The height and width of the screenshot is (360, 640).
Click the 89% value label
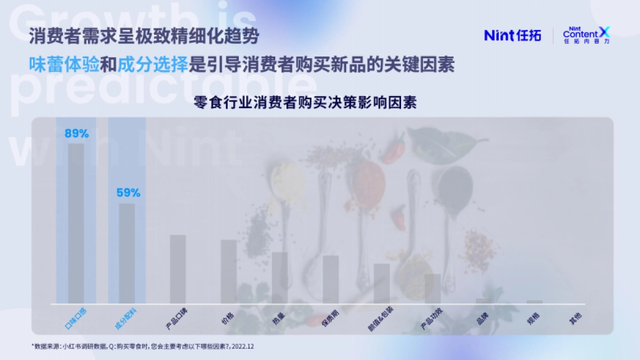tap(76, 133)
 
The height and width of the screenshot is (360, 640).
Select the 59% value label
tap(128, 193)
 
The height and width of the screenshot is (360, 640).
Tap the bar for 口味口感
tap(76, 223)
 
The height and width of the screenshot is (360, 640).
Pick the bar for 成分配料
tap(127, 253)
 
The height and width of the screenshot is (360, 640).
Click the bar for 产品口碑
tap(178, 269)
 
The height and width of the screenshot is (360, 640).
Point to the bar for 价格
tap(229, 271)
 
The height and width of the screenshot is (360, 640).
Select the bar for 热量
tap(280, 278)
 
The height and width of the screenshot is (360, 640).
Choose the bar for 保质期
tap(331, 279)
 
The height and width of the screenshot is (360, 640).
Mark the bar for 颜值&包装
tap(382, 284)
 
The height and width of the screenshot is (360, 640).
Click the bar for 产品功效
tap(433, 289)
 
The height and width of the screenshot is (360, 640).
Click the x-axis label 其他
tap(575, 318)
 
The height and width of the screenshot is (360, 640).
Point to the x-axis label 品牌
tap(482, 318)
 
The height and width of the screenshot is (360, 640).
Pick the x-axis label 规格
tap(533, 318)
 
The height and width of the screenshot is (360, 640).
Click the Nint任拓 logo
tap(513, 35)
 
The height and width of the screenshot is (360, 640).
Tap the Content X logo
tap(586, 35)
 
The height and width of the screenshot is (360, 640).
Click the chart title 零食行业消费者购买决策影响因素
tap(306, 103)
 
